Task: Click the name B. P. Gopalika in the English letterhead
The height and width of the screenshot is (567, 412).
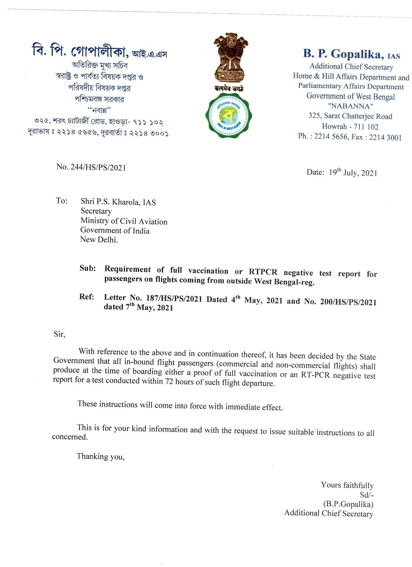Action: tap(343, 54)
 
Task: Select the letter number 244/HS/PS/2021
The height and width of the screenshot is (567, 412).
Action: tap(98, 167)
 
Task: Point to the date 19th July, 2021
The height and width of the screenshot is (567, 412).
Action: tap(353, 172)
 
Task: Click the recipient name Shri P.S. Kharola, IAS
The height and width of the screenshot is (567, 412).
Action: tap(118, 202)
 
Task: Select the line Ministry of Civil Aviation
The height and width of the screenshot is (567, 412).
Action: tap(124, 221)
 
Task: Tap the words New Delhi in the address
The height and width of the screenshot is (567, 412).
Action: tap(99, 240)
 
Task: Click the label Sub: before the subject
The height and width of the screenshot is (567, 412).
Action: tap(88, 268)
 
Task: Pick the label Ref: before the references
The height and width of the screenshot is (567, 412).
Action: tap(87, 297)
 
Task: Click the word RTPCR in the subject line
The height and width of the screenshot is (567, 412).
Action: tap(263, 272)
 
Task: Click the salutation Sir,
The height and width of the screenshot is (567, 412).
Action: tap(60, 334)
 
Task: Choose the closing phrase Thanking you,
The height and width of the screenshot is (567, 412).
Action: tap(100, 456)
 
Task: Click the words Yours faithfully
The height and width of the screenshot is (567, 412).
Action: tap(347, 485)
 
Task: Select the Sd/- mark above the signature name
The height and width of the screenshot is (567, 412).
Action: tap(367, 495)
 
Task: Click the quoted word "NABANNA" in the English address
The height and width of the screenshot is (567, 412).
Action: tap(350, 106)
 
